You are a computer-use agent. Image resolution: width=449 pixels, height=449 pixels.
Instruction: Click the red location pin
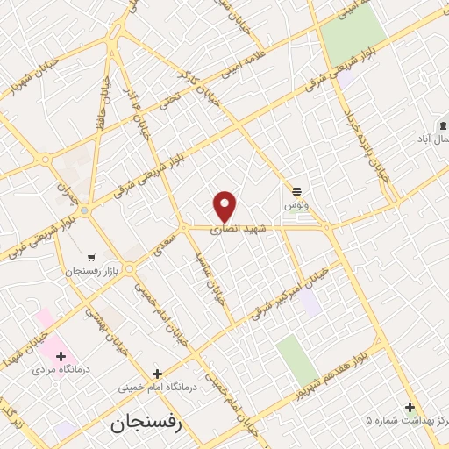pos(225,206)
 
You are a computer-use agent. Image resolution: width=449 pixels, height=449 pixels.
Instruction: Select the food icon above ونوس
pos(297,190)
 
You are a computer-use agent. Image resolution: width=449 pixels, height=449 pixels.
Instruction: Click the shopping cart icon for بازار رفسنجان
pos(91,258)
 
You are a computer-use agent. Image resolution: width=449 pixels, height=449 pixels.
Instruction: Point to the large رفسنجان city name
pos(145,424)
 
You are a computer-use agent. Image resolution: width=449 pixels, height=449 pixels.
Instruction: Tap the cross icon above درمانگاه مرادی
pos(61,355)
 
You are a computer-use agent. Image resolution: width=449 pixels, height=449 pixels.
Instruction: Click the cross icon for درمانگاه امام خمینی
pos(157,373)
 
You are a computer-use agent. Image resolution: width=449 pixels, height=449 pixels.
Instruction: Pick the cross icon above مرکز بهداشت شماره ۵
pos(410,406)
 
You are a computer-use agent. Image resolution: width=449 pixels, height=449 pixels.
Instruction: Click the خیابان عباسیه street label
pos(212,282)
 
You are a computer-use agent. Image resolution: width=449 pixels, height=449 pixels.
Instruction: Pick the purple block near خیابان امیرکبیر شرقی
pos(309,303)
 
